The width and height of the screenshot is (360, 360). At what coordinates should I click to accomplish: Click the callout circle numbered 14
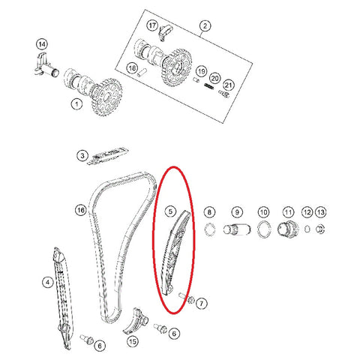click(x=42, y=44)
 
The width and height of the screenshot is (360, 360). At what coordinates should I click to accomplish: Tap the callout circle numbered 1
click(x=76, y=103)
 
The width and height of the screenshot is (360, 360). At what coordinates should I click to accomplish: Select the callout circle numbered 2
click(x=205, y=25)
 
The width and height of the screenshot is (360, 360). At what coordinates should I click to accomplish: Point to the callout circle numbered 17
click(x=152, y=25)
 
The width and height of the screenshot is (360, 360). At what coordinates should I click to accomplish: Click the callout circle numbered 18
click(x=132, y=67)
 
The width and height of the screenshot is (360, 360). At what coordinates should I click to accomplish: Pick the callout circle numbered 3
click(x=82, y=156)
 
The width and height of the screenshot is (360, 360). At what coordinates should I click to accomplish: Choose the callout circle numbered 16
click(x=81, y=210)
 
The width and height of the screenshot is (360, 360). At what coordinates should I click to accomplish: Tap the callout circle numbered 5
click(x=170, y=211)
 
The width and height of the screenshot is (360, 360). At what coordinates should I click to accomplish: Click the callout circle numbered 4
click(x=48, y=283)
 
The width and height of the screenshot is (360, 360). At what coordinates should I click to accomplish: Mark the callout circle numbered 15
click(x=133, y=341)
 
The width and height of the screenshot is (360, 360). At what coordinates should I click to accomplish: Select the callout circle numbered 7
click(x=202, y=304)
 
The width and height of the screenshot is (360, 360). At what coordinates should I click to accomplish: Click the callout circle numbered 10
click(x=263, y=212)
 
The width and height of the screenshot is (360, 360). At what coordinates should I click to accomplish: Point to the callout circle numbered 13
click(x=321, y=212)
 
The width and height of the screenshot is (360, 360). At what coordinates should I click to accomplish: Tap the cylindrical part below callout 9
click(x=237, y=229)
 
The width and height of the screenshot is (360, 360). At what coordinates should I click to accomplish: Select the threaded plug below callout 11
click(x=288, y=229)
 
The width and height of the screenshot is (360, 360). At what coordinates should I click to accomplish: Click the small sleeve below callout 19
click(x=196, y=79)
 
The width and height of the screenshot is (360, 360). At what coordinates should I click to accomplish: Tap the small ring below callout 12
click(x=307, y=229)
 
